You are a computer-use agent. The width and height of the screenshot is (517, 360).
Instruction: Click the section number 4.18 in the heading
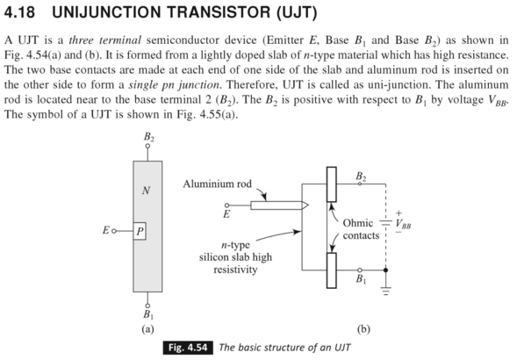pos(23,14)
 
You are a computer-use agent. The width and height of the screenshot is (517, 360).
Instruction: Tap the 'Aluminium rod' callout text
pos(217,184)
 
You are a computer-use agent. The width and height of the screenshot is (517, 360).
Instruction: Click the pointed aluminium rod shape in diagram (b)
pos(276,205)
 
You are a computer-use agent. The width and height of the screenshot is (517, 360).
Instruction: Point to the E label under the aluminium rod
pos(227,213)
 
